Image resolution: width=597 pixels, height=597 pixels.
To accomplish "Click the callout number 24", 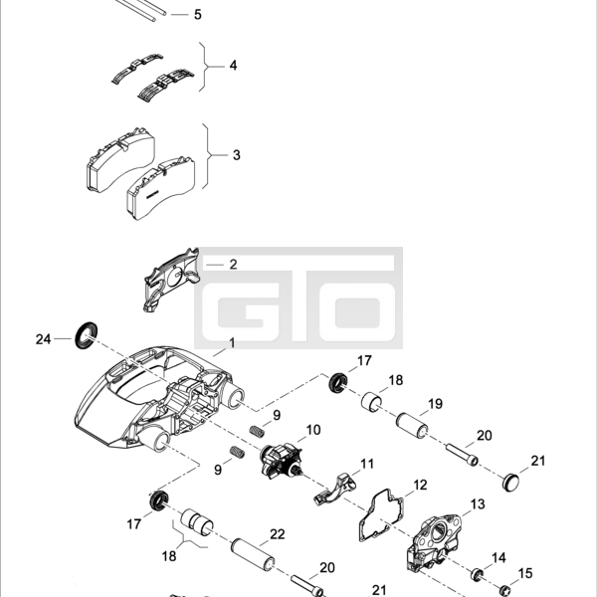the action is (43, 339).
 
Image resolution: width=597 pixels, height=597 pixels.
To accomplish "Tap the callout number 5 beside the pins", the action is (198, 15).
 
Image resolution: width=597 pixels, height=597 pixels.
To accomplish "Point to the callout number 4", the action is (233, 66).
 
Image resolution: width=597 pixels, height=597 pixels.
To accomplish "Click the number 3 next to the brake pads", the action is (237, 155).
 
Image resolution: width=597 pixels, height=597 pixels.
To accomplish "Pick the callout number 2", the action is (234, 265).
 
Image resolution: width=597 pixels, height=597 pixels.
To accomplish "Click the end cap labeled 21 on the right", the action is (510, 482).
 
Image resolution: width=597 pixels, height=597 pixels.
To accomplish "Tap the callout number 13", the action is (478, 504).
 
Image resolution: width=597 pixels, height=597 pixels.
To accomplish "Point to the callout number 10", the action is (313, 430).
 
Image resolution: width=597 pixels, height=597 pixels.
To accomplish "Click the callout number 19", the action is (435, 404).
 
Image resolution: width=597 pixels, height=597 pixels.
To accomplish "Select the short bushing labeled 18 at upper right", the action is (371, 402).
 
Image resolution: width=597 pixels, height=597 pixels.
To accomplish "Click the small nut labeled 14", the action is (477, 574).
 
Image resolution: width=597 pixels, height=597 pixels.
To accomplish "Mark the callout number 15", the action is (525, 573).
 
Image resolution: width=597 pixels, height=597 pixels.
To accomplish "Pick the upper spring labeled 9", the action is (257, 431).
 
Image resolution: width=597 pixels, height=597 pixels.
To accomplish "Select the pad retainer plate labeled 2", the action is (172, 280).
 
